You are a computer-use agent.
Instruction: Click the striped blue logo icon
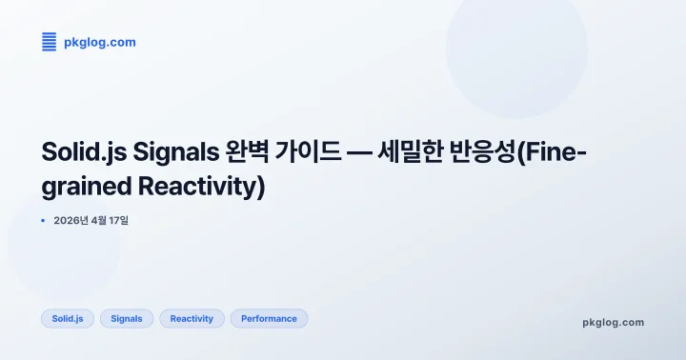point(49,41)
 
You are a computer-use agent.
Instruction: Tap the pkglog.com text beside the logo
point(99,42)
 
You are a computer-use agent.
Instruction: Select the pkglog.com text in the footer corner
point(613,322)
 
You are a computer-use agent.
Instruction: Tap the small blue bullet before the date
point(44,221)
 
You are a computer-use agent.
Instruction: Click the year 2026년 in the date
point(73,221)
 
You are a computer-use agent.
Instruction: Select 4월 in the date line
point(104,221)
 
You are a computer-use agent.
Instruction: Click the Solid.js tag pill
point(68,318)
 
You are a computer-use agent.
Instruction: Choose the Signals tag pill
point(127,318)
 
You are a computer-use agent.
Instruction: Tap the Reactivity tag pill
point(192,318)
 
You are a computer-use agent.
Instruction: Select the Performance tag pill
point(269,318)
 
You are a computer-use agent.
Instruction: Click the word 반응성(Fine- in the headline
point(534,152)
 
